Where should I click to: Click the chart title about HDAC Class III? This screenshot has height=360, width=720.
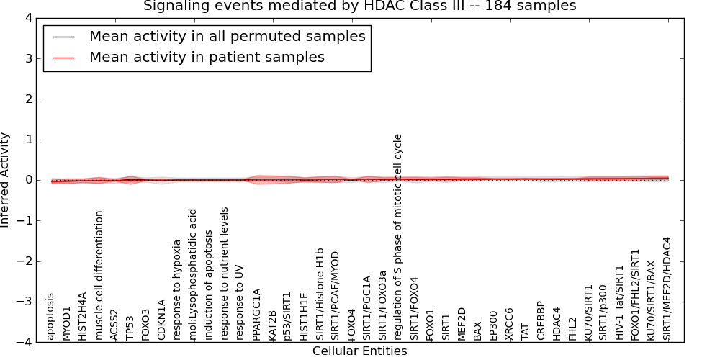tap(359, 6)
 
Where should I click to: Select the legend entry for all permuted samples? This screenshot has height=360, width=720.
tap(227, 36)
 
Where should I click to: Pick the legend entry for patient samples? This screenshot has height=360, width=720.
tap(207, 57)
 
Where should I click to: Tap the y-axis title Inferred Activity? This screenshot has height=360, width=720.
tap(6, 180)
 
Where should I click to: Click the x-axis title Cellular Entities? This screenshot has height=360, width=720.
tap(359, 351)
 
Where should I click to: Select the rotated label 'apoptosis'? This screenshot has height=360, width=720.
tap(50, 316)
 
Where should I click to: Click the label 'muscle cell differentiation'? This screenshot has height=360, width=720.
tap(99, 275)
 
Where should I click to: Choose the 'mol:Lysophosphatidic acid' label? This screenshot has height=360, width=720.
tap(193, 274)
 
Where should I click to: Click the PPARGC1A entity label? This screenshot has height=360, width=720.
tap(256, 314)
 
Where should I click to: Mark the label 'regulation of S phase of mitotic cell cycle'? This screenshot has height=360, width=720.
tap(397, 236)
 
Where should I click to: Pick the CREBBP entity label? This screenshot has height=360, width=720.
tap(540, 323)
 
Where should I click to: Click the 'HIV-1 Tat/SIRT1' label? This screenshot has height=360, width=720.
tap(619, 302)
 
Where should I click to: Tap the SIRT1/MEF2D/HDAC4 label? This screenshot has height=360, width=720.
tap(667, 288)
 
